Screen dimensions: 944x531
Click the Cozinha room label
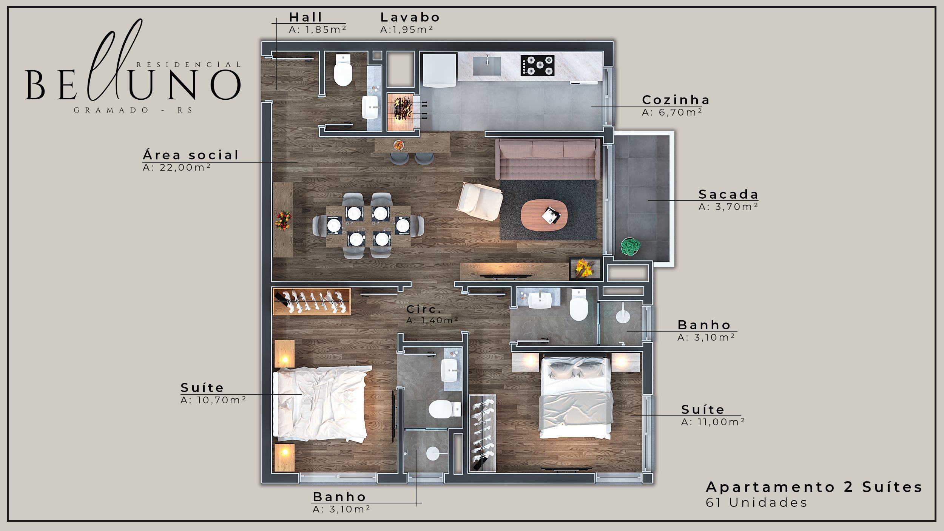click(676, 100)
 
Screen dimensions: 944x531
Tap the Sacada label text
click(728, 194)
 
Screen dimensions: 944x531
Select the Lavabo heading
click(410, 17)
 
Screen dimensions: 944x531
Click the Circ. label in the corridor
click(424, 309)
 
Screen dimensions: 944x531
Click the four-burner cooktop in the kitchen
click(537, 65)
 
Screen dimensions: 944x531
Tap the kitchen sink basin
click(487, 66)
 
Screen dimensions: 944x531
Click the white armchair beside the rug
click(480, 201)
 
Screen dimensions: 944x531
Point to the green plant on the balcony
click(630, 247)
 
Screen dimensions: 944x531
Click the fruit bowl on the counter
click(398, 145)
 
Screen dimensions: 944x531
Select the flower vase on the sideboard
click(283, 221)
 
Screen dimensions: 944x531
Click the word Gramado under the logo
click(111, 110)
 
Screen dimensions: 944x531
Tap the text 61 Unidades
click(756, 503)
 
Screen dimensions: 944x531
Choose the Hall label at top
click(305, 17)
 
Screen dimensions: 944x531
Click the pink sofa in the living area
click(548, 159)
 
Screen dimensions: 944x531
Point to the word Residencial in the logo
click(188, 65)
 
